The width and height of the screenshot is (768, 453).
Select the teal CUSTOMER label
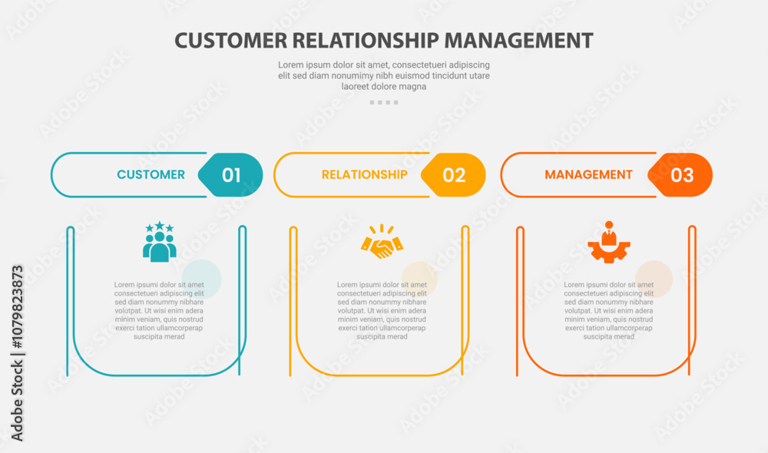point(151,174)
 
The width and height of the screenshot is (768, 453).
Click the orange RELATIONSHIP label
point(364,174)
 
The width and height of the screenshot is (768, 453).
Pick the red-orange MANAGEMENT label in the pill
point(588,174)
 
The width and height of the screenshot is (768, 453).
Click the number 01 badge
point(231,175)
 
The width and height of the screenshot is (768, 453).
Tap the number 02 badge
point(454,175)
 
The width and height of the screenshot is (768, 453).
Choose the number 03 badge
point(681,175)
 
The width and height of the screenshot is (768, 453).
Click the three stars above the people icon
point(159,227)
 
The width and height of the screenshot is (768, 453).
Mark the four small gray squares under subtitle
point(383,102)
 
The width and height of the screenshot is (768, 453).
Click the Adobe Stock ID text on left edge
point(17,352)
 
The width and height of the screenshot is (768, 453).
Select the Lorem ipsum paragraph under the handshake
point(382,310)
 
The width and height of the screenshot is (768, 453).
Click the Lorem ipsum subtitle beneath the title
point(383,75)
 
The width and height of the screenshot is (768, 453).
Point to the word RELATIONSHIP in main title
point(362,40)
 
